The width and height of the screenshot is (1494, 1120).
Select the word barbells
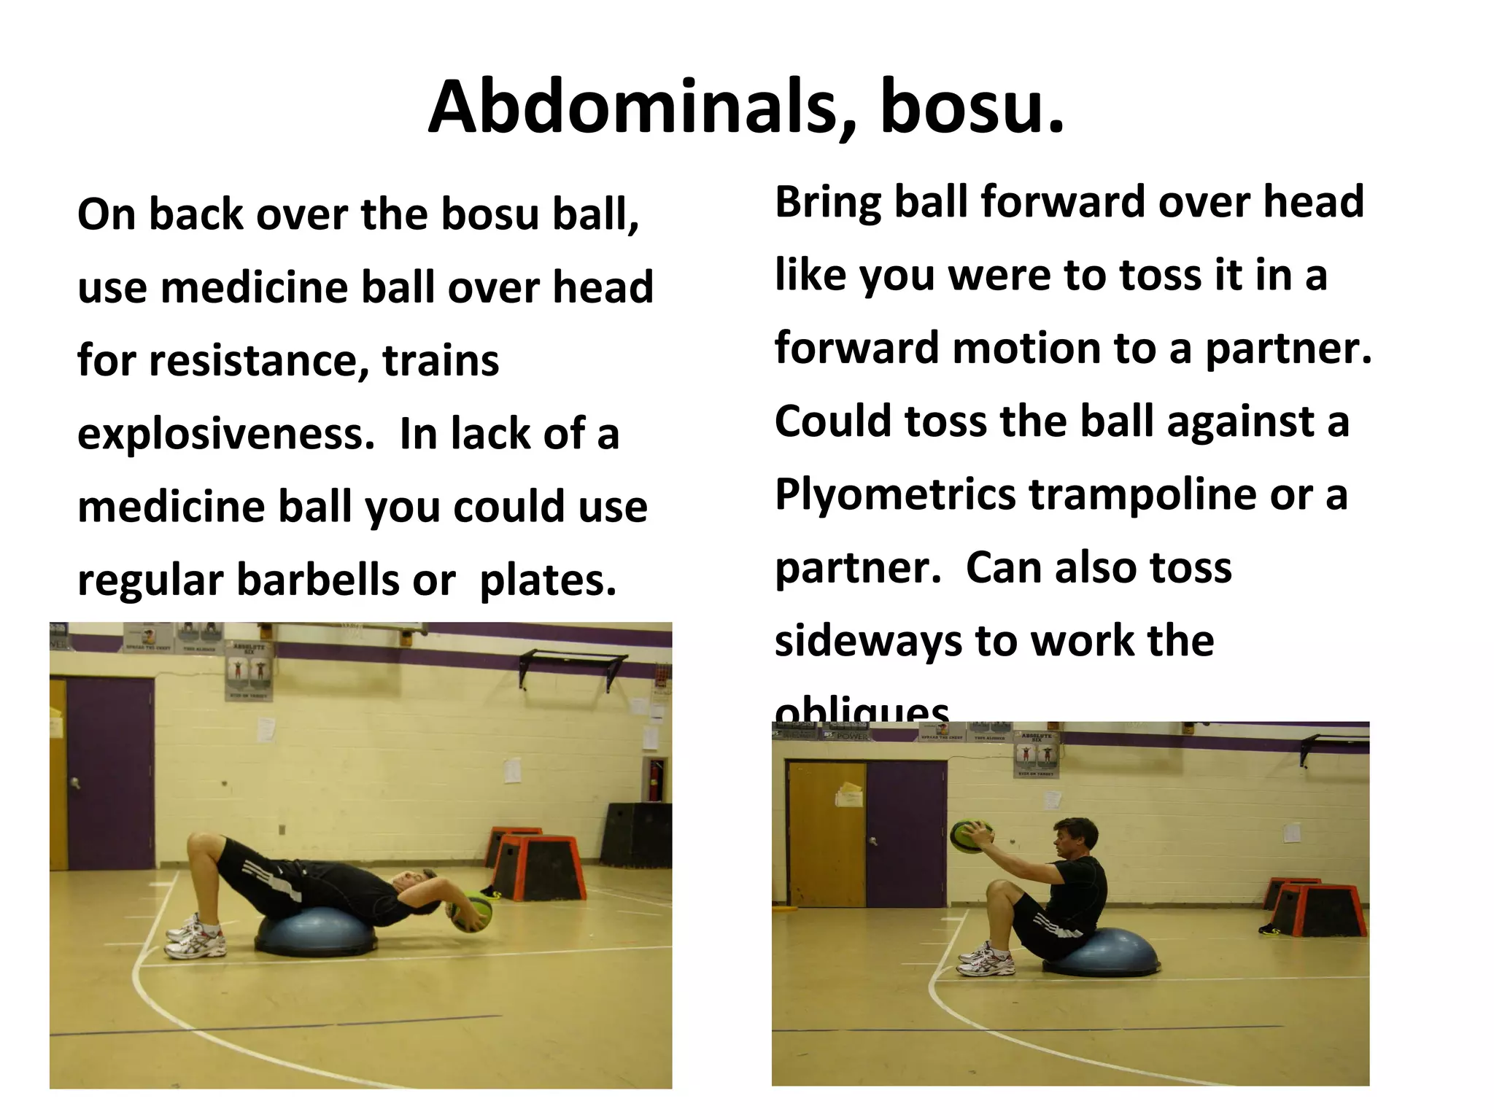click(x=320, y=580)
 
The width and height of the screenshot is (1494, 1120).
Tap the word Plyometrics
click(x=894, y=494)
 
